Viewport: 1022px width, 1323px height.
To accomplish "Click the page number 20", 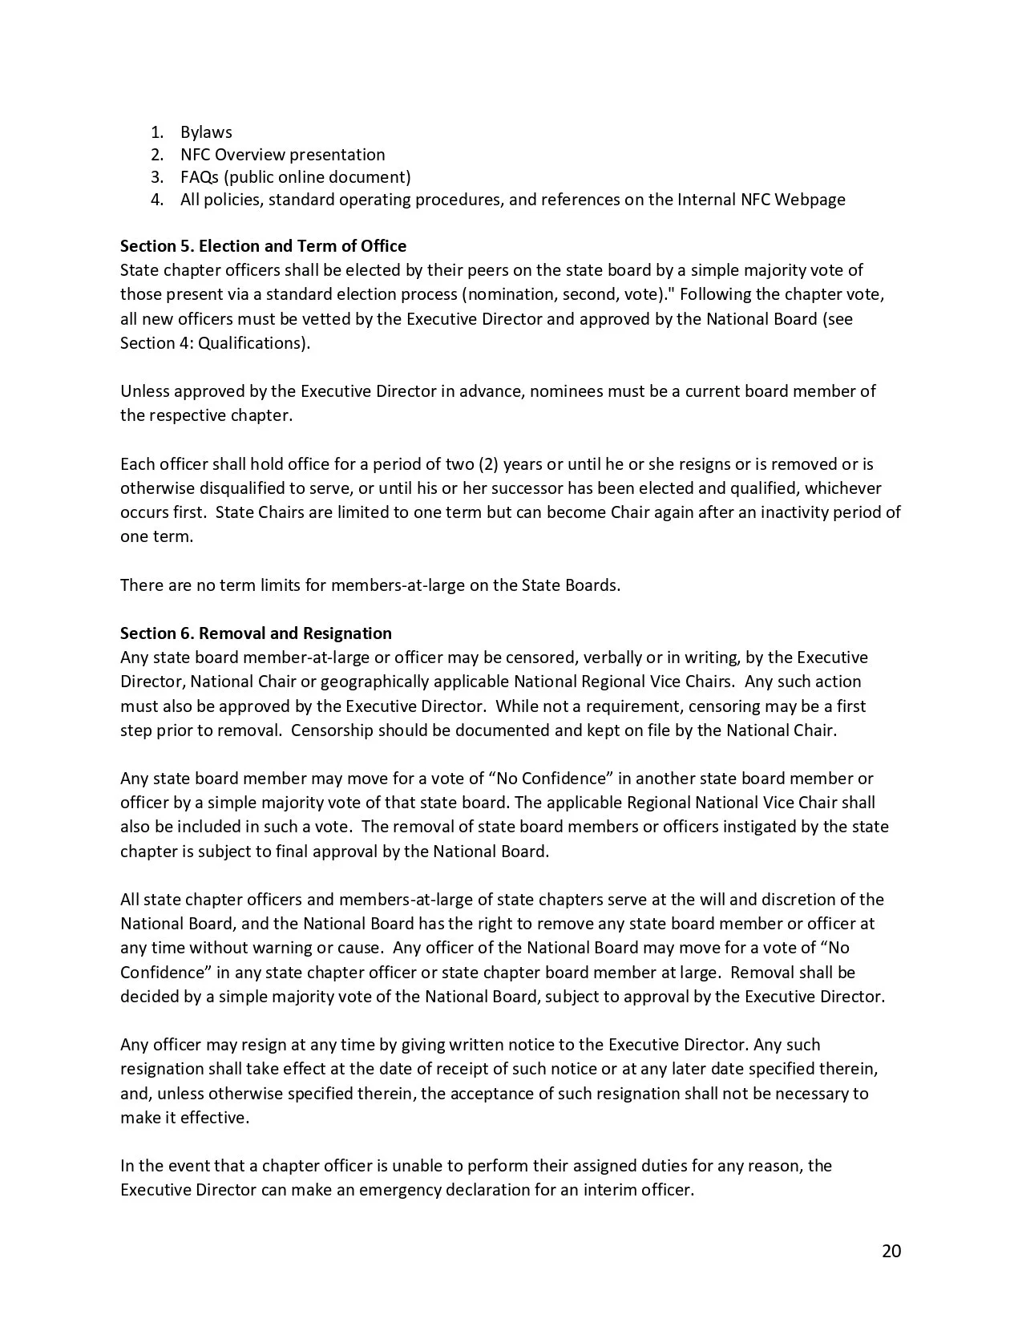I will coord(891,1251).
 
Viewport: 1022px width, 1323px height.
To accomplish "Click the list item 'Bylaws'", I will coord(206,132).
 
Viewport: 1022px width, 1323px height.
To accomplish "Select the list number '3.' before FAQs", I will coord(157,177).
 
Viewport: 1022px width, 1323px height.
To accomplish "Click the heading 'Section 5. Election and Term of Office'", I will coord(263,246).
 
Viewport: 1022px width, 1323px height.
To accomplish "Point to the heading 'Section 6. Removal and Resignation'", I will coord(256,633).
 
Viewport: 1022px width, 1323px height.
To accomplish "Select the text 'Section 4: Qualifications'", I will coord(212,343).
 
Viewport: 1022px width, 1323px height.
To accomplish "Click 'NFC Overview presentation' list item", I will coord(282,155).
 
